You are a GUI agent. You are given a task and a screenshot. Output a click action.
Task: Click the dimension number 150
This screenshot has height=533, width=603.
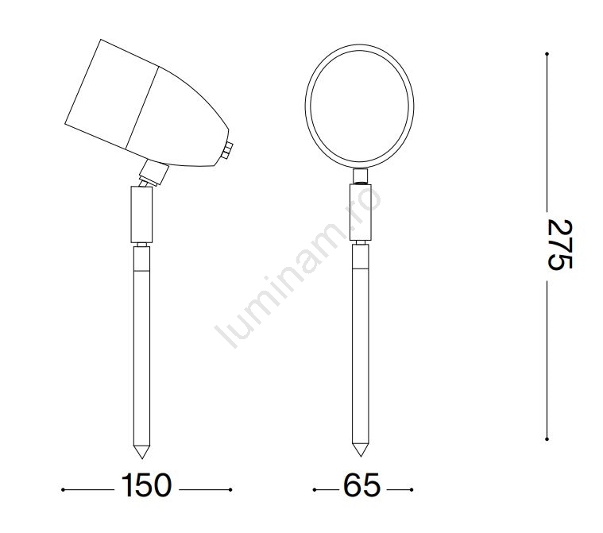click(x=146, y=485)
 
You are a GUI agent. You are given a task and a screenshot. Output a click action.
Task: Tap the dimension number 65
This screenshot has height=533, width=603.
click(x=361, y=485)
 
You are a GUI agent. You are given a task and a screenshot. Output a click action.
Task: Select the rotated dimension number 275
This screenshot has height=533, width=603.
click(x=560, y=245)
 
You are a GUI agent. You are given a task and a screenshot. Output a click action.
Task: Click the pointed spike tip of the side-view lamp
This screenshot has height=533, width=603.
click(x=141, y=458)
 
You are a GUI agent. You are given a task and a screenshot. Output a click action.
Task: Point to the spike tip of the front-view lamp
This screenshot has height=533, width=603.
click(x=361, y=456)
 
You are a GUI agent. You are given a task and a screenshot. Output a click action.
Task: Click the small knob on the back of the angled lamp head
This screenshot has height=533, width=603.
click(x=228, y=150)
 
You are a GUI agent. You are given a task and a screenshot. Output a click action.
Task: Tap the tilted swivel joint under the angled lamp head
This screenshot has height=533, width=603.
click(x=153, y=173)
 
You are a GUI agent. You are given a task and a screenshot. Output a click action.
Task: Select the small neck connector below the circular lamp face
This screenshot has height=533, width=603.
click(x=361, y=176)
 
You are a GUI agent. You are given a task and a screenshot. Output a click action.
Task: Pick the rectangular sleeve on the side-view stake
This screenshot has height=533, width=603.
click(x=141, y=214)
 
